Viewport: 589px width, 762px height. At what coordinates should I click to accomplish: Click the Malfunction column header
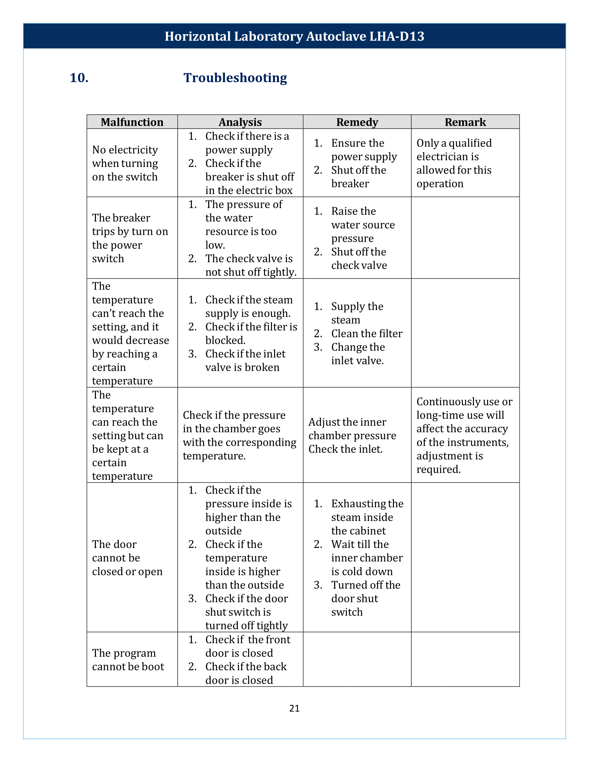click(x=132, y=122)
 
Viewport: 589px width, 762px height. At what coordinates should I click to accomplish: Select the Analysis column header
click(x=240, y=122)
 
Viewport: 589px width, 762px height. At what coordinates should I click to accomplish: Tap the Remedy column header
click(x=357, y=122)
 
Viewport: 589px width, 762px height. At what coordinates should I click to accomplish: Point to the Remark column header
click(x=465, y=122)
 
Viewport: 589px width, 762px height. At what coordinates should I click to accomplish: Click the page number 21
click(x=294, y=708)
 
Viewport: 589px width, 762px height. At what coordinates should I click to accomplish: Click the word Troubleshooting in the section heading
click(x=235, y=78)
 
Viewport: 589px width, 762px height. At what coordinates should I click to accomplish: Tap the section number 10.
click(x=79, y=78)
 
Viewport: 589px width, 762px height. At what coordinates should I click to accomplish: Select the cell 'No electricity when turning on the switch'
click(x=125, y=163)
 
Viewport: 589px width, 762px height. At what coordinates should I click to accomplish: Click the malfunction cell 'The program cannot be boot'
click(x=128, y=660)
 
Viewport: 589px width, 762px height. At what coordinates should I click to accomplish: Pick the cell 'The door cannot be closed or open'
click(x=127, y=558)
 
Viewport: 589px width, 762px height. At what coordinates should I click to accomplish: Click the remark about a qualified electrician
click(x=454, y=163)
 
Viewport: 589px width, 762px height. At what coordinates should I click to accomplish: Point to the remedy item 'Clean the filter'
click(x=366, y=334)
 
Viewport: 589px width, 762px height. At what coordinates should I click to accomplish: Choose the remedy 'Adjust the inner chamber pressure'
click(x=352, y=429)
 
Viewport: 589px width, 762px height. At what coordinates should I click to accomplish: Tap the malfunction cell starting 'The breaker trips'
click(x=130, y=238)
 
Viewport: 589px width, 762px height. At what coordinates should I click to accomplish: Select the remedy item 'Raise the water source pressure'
click(x=363, y=225)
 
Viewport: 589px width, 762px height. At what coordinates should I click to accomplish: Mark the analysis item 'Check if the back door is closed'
click(x=246, y=673)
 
